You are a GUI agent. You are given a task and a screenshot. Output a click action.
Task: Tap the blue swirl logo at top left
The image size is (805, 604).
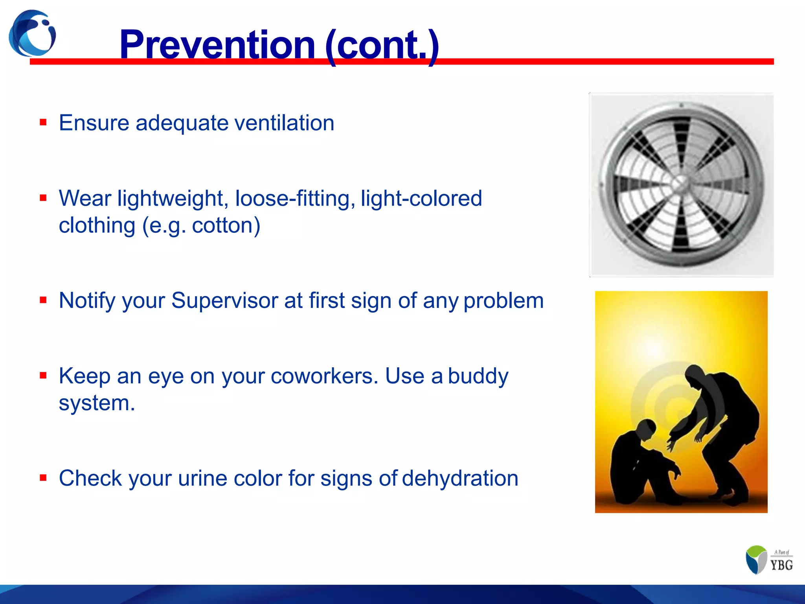coord(32,33)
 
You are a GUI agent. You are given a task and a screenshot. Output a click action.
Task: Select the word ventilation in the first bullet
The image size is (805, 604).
coord(284,123)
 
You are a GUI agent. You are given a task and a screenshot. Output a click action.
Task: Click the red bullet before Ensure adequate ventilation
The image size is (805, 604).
coord(43,122)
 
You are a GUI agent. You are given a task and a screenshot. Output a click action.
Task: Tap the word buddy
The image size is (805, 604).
coord(478,376)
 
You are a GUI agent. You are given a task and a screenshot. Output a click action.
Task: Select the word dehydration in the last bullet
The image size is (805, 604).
coord(460,479)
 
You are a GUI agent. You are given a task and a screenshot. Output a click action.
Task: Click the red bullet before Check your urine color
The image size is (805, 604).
coord(43,478)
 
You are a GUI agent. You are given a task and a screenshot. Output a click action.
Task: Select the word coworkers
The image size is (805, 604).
coord(324,376)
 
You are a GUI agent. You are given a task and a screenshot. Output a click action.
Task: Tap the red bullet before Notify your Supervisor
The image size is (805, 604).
coord(43,300)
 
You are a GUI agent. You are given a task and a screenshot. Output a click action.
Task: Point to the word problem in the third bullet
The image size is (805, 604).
coord(504,301)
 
